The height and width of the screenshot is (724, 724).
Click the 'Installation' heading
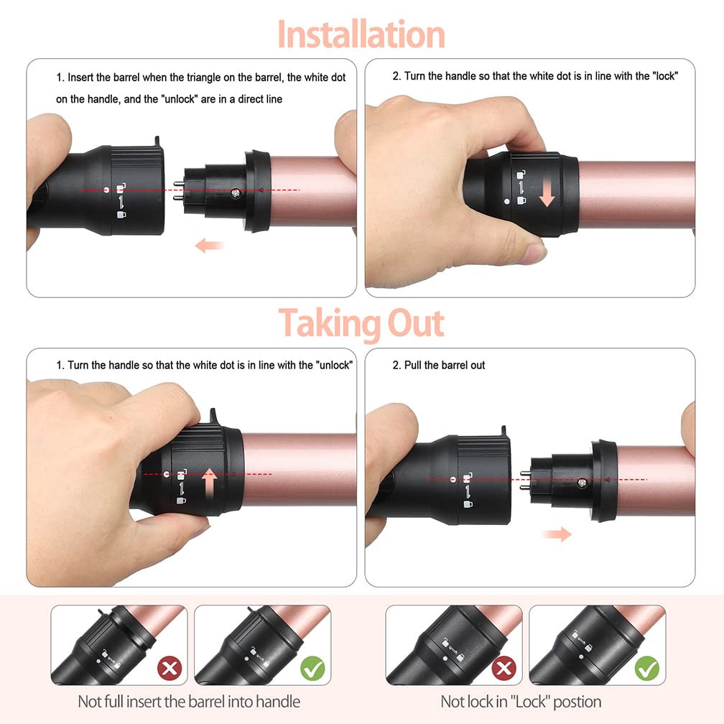click(x=361, y=34)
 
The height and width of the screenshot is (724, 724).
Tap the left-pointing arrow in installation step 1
click(x=210, y=245)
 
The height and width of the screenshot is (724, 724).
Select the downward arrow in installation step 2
click(x=547, y=193)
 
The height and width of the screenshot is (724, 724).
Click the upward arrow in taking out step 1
click(x=210, y=483)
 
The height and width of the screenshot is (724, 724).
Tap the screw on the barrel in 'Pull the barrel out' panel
click(x=583, y=483)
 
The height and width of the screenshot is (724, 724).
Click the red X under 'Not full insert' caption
click(x=170, y=668)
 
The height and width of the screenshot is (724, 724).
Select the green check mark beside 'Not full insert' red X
click(x=312, y=668)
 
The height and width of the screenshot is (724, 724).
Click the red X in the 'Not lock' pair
click(x=503, y=668)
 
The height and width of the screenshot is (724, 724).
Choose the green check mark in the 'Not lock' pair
click(x=647, y=668)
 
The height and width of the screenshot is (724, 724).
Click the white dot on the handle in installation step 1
click(x=106, y=190)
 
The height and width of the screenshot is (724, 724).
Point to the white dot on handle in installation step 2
click(x=507, y=202)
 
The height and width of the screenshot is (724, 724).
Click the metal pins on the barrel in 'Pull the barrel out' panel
click(x=525, y=481)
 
